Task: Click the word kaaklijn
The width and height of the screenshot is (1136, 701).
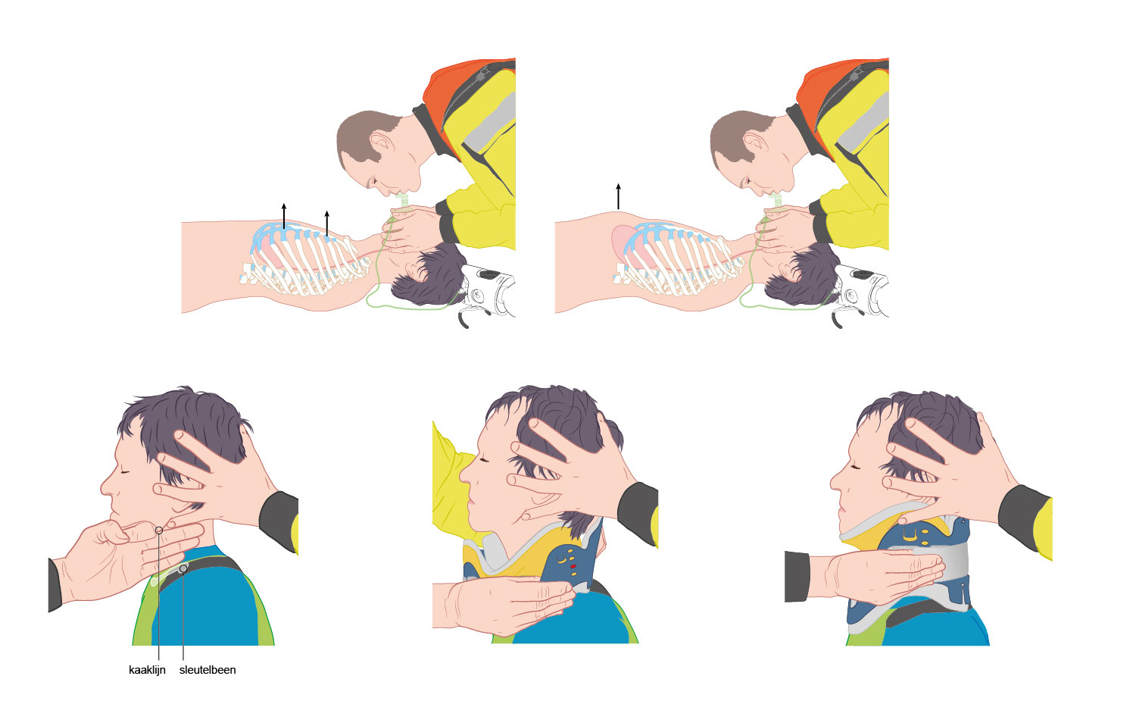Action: tap(147, 670)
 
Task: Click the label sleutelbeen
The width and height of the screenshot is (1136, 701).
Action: tap(208, 670)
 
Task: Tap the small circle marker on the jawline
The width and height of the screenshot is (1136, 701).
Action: tap(159, 530)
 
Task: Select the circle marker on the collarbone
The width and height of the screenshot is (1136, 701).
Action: tap(183, 569)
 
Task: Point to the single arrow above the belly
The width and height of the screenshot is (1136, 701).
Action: tap(618, 196)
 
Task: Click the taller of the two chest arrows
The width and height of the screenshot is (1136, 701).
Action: tap(284, 216)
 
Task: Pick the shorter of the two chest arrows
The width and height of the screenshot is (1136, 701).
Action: tap(327, 224)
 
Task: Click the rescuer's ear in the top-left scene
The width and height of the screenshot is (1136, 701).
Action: tap(382, 145)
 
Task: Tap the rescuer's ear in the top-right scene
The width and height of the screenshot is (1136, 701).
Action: tap(756, 145)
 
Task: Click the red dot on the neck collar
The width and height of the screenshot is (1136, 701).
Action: tap(573, 567)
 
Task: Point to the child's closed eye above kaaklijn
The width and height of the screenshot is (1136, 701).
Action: tap(124, 473)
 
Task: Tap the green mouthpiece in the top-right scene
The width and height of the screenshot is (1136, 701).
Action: tap(776, 201)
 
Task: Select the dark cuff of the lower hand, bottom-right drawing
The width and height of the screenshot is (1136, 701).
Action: tap(797, 577)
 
